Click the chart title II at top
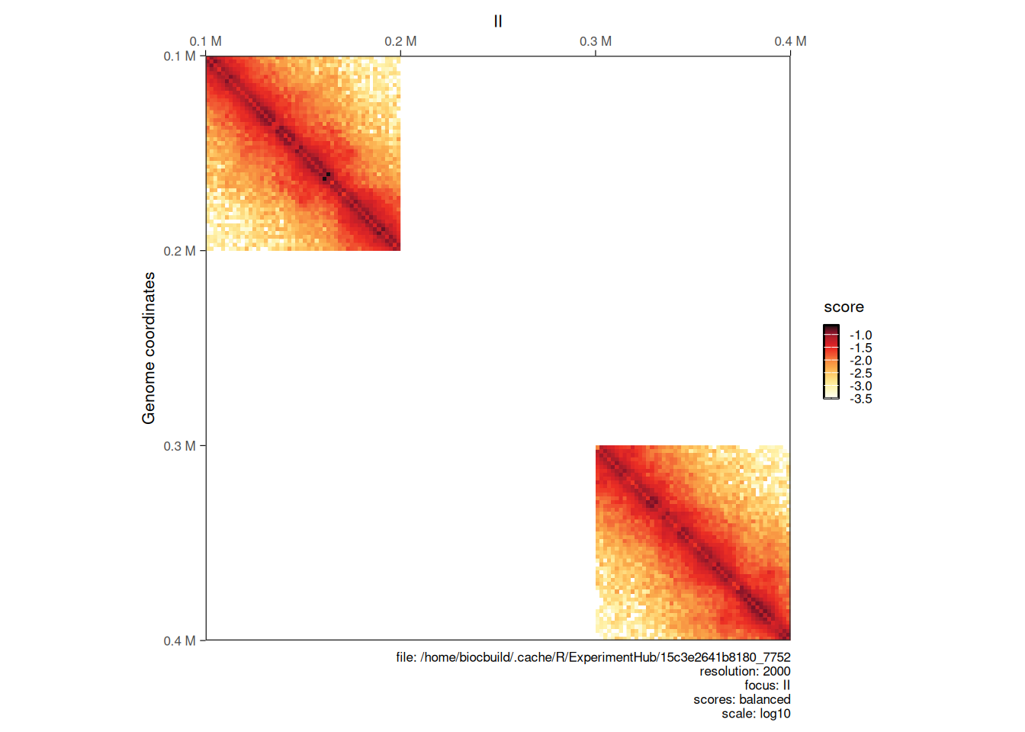pos(498,21)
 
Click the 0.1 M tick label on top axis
pos(206,41)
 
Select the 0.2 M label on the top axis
pos(400,41)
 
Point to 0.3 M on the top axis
pos(596,41)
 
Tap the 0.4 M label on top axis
pos(790,41)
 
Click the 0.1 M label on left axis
pos(179,56)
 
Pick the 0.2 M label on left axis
pos(179,251)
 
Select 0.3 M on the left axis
pos(179,446)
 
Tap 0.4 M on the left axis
pos(179,640)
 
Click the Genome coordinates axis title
pos(149,348)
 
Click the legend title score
pos(843,307)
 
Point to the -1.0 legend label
pos(861,335)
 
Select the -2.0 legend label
pos(861,361)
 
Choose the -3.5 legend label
pos(861,399)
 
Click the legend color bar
pos(831,361)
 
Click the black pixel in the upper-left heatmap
pos(326,176)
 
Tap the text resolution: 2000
pos(744,671)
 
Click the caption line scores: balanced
pos(741,699)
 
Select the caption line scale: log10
pos(756,714)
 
